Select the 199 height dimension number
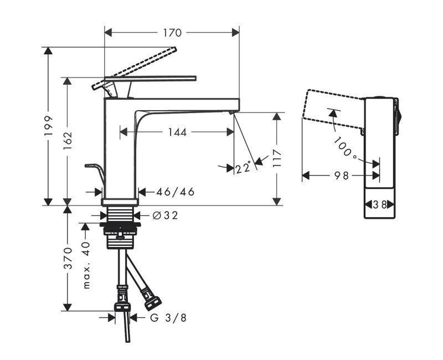(49, 126)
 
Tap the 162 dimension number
(68, 142)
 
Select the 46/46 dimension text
(175, 192)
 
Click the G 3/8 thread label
(168, 318)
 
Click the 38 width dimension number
(380, 204)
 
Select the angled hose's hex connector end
(152, 302)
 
